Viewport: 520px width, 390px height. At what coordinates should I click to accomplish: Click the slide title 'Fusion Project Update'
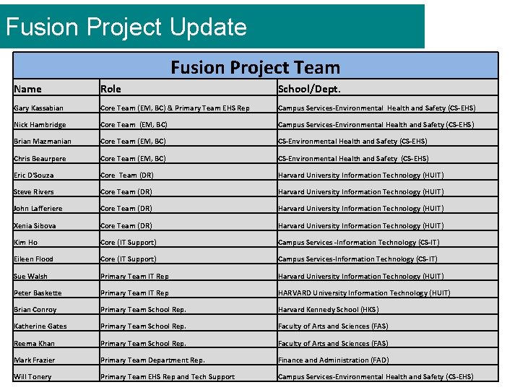(126, 27)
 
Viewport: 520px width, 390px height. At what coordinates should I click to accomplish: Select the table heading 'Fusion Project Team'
(255, 67)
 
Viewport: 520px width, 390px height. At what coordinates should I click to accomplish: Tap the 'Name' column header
(28, 89)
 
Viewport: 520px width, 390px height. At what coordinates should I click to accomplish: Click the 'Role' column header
(110, 89)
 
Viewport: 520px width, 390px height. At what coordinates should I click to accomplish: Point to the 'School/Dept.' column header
(309, 89)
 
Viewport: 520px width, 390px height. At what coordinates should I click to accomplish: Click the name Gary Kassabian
(38, 108)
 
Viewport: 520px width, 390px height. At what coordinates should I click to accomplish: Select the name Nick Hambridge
(40, 125)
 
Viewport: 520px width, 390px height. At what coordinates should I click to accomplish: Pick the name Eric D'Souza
(33, 175)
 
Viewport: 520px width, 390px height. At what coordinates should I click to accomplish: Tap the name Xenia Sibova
(35, 225)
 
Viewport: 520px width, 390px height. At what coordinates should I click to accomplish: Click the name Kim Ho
(25, 243)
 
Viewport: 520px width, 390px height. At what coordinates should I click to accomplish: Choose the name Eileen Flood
(33, 259)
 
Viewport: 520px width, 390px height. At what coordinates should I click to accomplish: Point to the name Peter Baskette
(38, 293)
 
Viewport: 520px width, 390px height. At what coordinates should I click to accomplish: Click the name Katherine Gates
(40, 326)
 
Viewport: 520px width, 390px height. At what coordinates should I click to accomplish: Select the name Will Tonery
(32, 377)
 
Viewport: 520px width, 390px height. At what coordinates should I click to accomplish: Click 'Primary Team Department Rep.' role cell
(152, 360)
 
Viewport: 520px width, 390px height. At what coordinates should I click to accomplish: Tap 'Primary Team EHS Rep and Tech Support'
(168, 377)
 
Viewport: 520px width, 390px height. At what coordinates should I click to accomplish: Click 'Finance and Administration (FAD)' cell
(333, 360)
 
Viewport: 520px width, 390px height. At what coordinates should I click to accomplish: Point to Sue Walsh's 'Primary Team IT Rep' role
(134, 277)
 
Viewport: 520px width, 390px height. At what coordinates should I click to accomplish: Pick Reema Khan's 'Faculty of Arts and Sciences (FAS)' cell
(333, 344)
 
